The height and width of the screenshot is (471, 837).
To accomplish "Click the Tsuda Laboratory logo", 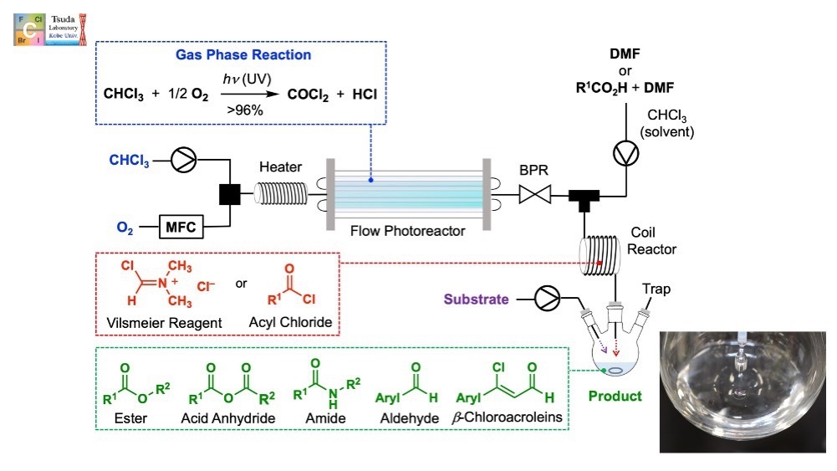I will pos(50,28).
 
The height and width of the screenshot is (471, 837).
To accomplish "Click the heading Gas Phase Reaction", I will pos(242,55).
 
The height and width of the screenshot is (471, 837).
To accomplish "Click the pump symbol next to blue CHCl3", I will pos(182,161).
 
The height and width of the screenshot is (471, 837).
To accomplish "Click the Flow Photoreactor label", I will pos(406,232).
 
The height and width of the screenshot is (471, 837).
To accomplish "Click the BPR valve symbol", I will pos(533,196).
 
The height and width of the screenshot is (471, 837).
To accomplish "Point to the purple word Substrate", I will pos(474,297).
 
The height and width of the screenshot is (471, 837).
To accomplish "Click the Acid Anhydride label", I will pos(227,418).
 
